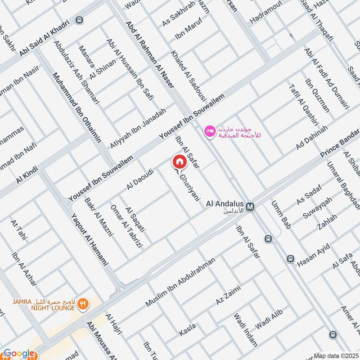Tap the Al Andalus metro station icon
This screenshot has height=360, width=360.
251,207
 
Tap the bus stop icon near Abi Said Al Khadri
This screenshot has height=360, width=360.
80,20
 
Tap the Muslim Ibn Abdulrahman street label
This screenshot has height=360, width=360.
180,282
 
